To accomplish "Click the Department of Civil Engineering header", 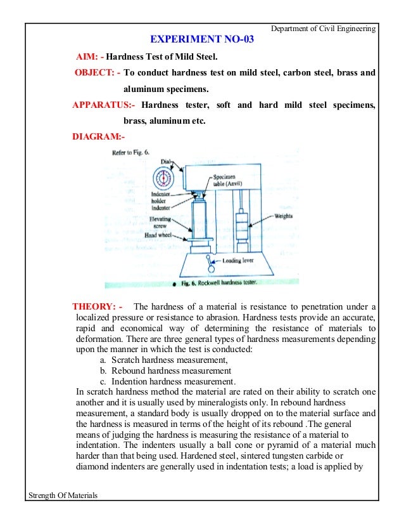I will click(x=323, y=29).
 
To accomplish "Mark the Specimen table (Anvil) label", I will click(x=225, y=181).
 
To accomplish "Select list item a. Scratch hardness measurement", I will click(x=164, y=360).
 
